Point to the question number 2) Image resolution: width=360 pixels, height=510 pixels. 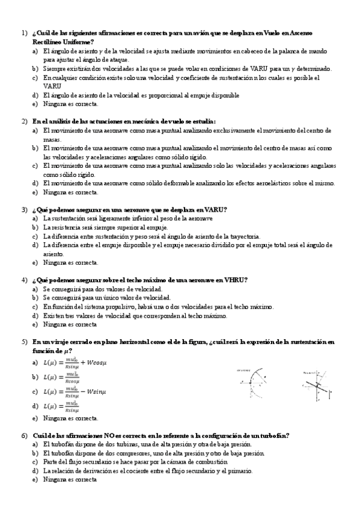coord(24,121)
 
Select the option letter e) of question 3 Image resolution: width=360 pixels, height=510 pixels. coord(34,262)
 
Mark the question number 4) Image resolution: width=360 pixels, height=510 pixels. coord(24,280)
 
